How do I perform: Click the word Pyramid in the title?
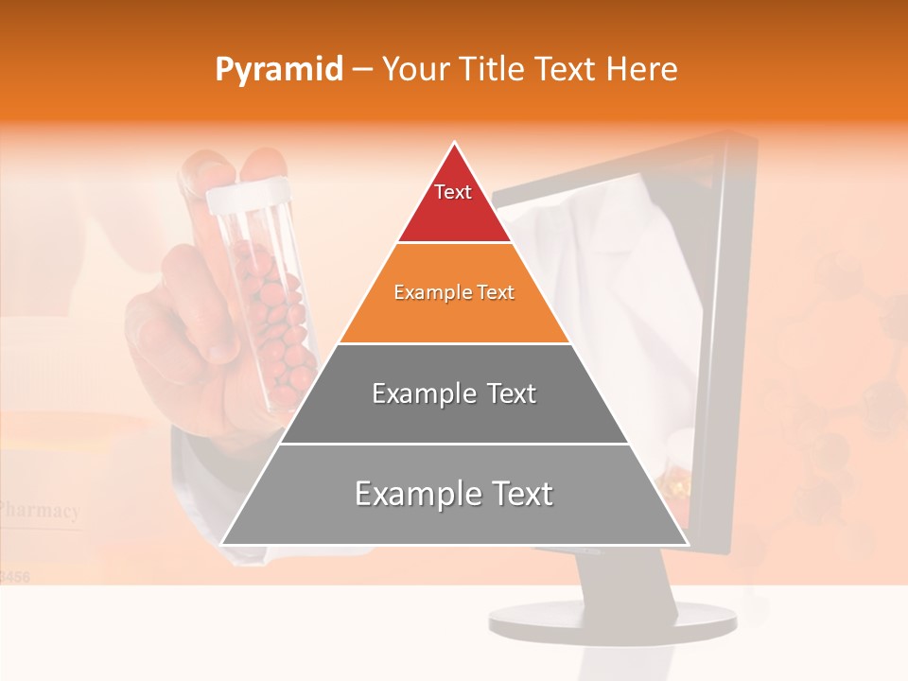279,70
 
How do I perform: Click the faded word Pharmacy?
40,512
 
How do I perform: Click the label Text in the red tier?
453,192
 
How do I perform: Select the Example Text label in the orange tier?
454,292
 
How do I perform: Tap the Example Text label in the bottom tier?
454,494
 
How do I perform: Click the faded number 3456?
14,575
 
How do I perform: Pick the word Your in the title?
413,70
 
